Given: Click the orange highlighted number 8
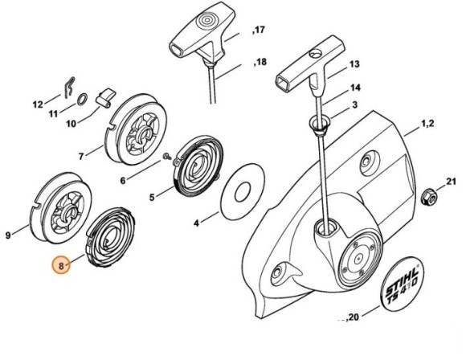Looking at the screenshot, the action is coord(61,265).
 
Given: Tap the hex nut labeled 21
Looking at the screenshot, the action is coord(428,197).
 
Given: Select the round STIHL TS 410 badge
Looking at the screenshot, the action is coord(403,284).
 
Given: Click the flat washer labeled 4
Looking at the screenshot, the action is coord(243,192).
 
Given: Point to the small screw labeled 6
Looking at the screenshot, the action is coord(167,156).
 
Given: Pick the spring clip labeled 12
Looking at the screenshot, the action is coord(70,88).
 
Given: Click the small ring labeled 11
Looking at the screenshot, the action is coord(82,100).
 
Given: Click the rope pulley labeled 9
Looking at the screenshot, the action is coord(61,208).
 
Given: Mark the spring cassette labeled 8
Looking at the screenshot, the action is coord(111,236).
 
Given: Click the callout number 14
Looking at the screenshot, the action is coord(355,88).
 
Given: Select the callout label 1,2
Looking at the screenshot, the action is coord(427,124).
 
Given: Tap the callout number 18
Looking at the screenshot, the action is coord(260,62).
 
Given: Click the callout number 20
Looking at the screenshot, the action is coord(352,317).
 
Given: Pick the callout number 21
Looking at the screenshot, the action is coord(452,182).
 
